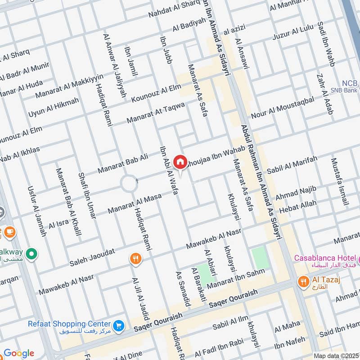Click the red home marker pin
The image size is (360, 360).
click(180, 162)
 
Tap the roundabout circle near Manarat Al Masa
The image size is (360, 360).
click(128, 184)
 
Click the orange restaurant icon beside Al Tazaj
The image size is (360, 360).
click(304, 282)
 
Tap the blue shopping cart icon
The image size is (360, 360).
click(119, 325)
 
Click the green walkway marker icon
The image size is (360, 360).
click(31, 255)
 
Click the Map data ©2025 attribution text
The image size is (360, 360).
click(336, 355)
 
